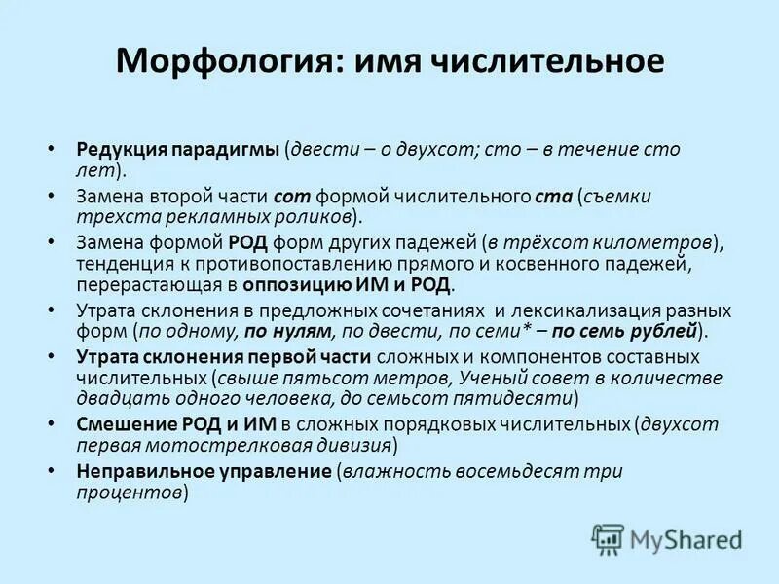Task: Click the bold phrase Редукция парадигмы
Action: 178,150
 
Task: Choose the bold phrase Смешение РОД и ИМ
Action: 177,423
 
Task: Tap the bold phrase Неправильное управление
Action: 204,471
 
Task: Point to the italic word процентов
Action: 130,493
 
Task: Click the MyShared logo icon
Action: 609,539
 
